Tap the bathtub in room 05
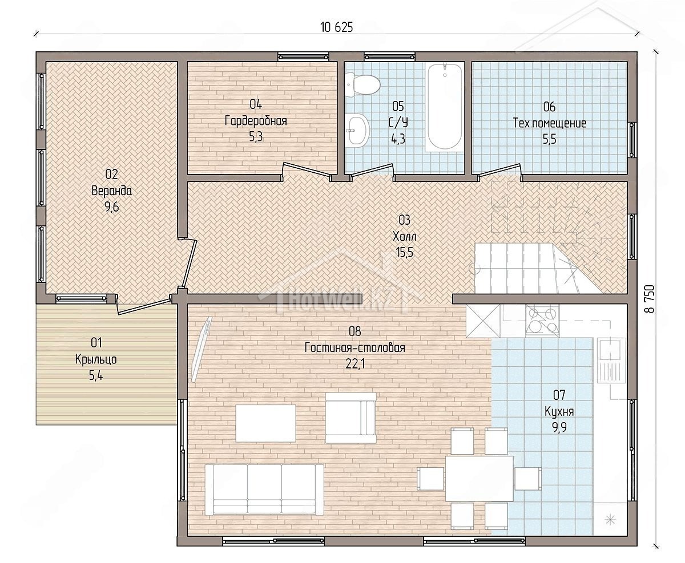click(445, 107)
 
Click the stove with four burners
click(542, 319)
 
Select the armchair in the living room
click(351, 418)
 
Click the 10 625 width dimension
click(336, 27)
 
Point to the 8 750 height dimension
click(649, 298)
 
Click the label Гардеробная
click(256, 121)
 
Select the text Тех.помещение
click(550, 123)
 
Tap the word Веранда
click(112, 191)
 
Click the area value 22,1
click(355, 364)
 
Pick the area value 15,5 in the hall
click(404, 252)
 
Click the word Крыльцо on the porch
click(96, 359)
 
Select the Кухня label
click(559, 412)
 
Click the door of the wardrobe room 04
click(307, 170)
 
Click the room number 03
click(404, 220)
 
